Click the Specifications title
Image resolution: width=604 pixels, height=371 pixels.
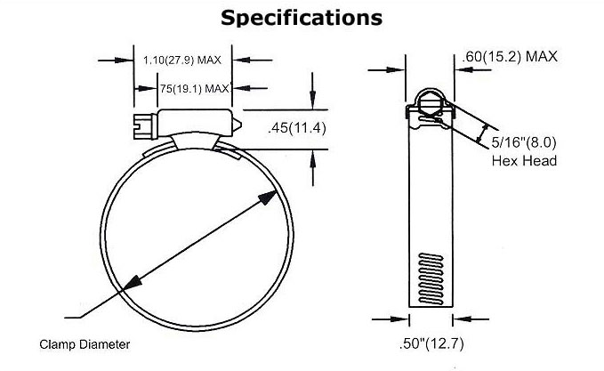click(302, 17)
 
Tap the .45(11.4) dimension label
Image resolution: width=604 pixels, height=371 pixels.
click(297, 128)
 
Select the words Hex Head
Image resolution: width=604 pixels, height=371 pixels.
click(524, 161)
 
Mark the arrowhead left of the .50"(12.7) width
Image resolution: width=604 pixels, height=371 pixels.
click(402, 319)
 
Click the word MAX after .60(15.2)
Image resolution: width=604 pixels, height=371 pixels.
click(540, 58)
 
